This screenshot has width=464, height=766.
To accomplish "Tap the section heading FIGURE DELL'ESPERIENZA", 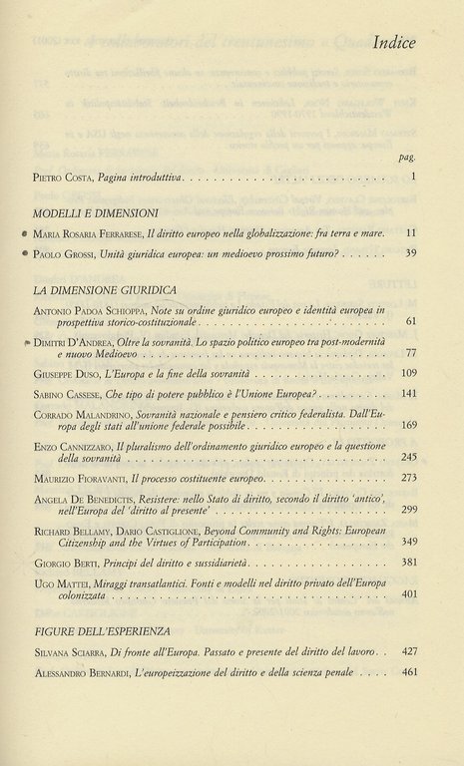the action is click(99, 631).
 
